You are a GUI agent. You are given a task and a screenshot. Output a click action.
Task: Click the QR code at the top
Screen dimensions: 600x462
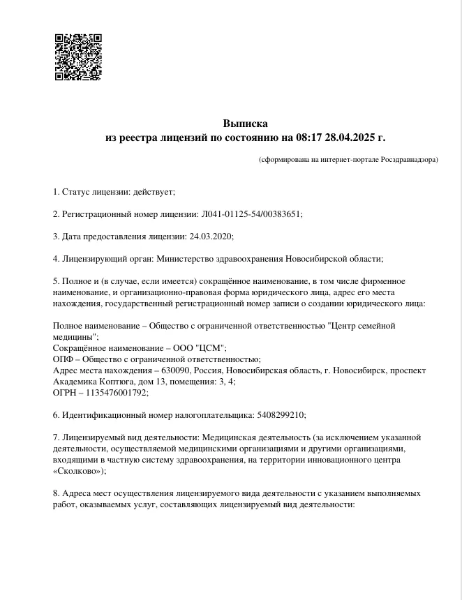click(x=78, y=57)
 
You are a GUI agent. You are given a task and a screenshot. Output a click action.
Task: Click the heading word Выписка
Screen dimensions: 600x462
click(x=245, y=123)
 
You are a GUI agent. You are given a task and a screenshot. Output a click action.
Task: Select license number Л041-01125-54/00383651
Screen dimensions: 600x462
click(x=252, y=213)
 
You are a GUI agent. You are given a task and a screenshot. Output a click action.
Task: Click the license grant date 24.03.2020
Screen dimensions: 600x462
click(x=211, y=236)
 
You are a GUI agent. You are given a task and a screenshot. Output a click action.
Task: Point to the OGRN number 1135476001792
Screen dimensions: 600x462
click(x=119, y=393)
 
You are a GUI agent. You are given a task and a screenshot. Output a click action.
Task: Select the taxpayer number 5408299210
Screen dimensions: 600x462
click(x=280, y=414)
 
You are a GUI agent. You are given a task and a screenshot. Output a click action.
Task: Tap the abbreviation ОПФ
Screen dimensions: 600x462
click(x=64, y=359)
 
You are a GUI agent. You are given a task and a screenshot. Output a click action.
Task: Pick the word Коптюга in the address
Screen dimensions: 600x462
click(x=111, y=382)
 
